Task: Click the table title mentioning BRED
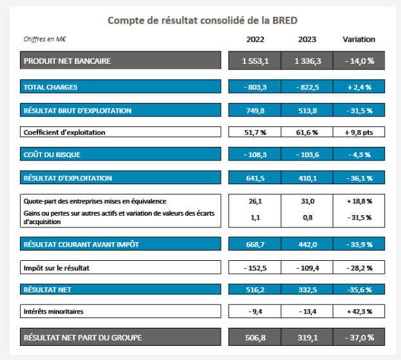[x=202, y=20]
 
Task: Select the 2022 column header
[x=255, y=39]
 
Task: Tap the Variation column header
[x=359, y=39]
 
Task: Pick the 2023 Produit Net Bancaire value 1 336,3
[x=308, y=61]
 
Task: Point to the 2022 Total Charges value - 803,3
[x=255, y=86]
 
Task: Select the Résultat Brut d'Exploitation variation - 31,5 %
[x=359, y=110]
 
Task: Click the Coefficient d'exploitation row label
[x=64, y=133]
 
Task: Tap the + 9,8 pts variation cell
[x=359, y=133]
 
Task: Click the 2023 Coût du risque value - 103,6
[x=308, y=155]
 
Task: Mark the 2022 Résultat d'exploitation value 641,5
[x=255, y=178]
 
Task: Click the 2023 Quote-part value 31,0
[x=308, y=202]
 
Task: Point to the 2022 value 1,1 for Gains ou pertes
[x=255, y=218]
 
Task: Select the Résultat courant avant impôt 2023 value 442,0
[x=308, y=244]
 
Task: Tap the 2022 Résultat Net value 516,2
[x=255, y=290]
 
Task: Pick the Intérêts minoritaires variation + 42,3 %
[x=359, y=312]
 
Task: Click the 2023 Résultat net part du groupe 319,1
[x=308, y=337]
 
